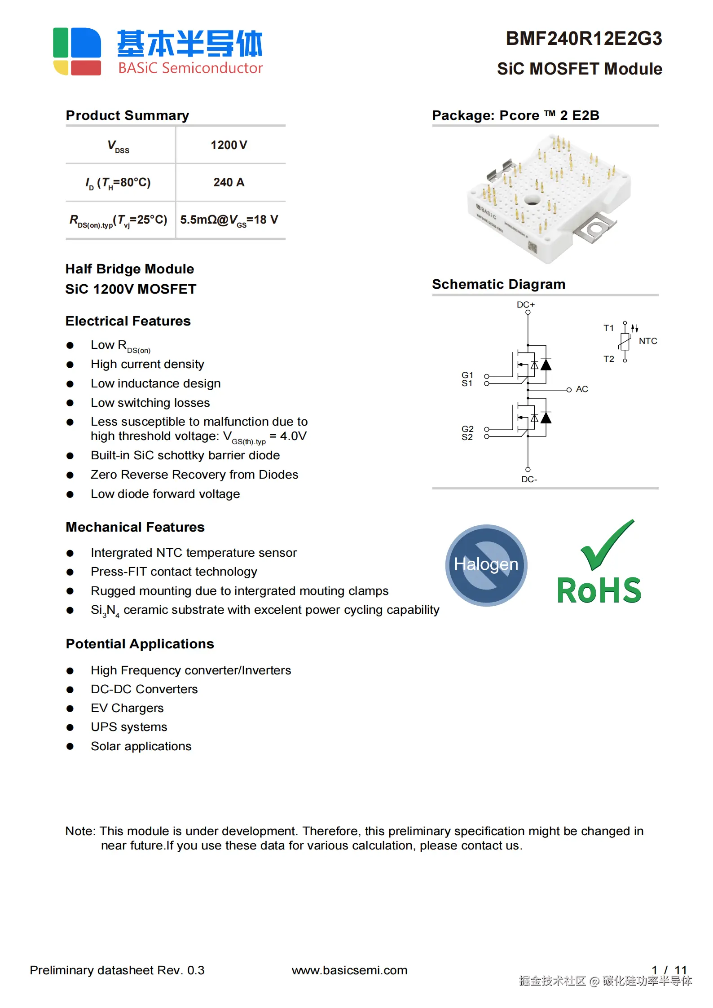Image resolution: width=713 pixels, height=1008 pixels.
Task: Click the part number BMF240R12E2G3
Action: point(584,39)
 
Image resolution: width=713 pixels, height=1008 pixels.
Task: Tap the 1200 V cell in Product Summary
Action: point(229,145)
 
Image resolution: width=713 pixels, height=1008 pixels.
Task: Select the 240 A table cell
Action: point(229,182)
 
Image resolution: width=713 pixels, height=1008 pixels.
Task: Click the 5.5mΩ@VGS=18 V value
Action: point(229,220)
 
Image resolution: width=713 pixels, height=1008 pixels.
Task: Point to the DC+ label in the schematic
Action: point(526,304)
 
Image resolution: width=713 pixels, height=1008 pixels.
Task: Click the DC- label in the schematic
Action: point(529,480)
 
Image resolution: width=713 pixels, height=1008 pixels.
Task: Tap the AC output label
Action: point(582,389)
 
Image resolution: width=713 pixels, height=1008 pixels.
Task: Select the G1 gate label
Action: point(467,374)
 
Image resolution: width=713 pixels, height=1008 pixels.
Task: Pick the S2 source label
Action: point(467,437)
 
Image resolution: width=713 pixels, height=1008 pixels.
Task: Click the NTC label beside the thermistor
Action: point(648,341)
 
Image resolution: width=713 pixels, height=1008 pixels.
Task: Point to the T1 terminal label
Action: point(608,328)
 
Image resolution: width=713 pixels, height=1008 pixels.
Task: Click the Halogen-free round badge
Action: point(486,565)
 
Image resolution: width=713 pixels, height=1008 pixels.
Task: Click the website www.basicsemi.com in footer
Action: point(349,970)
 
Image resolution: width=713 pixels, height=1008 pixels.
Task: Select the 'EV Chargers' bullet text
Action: point(127,708)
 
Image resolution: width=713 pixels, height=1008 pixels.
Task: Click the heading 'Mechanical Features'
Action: point(135,527)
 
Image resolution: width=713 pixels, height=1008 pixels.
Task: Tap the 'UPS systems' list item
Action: point(129,727)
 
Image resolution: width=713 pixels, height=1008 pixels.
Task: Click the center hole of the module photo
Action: point(533,199)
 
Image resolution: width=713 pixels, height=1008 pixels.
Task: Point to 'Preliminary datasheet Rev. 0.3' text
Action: point(117,970)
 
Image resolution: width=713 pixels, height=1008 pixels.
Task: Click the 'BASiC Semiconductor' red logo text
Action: point(190,68)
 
